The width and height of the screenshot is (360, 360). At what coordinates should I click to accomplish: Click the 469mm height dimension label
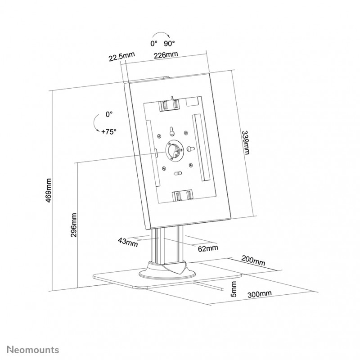pos(49,190)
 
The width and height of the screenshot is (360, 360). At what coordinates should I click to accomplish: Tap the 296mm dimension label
pos(73,225)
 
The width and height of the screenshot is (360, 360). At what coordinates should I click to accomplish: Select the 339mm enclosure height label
pos(246,143)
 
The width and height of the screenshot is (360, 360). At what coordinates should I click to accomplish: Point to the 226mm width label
pos(166,55)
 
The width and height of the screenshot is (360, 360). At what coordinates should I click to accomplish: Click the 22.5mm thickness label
pos(121,57)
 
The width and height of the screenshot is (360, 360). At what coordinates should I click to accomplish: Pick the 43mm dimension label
pos(128,242)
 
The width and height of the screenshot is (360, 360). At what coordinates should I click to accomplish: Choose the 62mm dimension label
pos(208,248)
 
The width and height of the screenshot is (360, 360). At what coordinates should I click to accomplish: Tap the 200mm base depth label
pos(253,261)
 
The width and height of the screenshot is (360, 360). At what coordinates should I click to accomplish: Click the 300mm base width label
pos(260,294)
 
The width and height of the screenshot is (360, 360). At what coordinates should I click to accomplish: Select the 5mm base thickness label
pos(234,289)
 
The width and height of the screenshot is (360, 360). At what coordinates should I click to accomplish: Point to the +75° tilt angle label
pos(109,132)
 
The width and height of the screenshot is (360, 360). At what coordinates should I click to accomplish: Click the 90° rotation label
pos(169,43)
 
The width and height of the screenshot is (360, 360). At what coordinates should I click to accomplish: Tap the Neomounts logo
pos(33,350)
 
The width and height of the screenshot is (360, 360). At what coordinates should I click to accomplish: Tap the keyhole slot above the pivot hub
pos(171,131)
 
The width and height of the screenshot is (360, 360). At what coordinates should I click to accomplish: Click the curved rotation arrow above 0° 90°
pos(162,34)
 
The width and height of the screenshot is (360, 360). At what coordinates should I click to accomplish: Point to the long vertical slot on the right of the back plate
pos(201,148)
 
